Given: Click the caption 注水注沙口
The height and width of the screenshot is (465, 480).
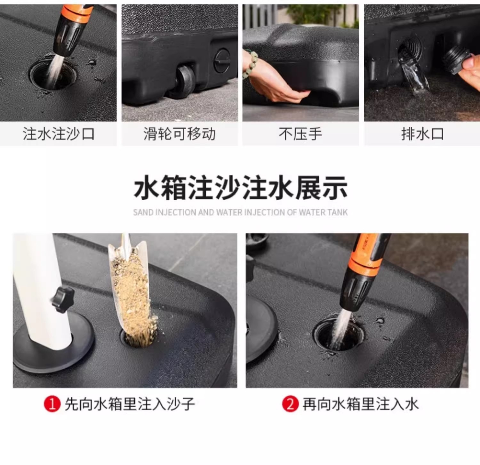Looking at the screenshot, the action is pyautogui.click(x=59, y=133).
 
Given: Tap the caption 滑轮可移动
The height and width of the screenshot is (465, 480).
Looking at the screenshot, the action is pyautogui.click(x=180, y=133).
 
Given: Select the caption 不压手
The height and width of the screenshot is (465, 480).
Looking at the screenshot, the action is pyautogui.click(x=300, y=133).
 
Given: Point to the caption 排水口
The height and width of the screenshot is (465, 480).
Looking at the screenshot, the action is pyautogui.click(x=422, y=133).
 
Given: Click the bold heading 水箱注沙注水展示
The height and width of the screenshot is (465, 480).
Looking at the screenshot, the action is pyautogui.click(x=241, y=188).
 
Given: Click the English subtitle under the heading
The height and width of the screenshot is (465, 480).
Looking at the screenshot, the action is pyautogui.click(x=240, y=212).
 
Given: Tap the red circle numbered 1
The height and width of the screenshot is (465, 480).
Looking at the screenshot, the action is pyautogui.click(x=52, y=404).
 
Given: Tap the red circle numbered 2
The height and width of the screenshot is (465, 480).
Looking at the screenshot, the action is pyautogui.click(x=290, y=404).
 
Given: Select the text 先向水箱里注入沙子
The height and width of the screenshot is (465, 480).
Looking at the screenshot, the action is pyautogui.click(x=130, y=404).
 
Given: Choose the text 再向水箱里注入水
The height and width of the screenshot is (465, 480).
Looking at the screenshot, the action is pyautogui.click(x=361, y=404).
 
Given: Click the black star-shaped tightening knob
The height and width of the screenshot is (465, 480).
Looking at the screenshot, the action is pyautogui.click(x=63, y=300).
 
